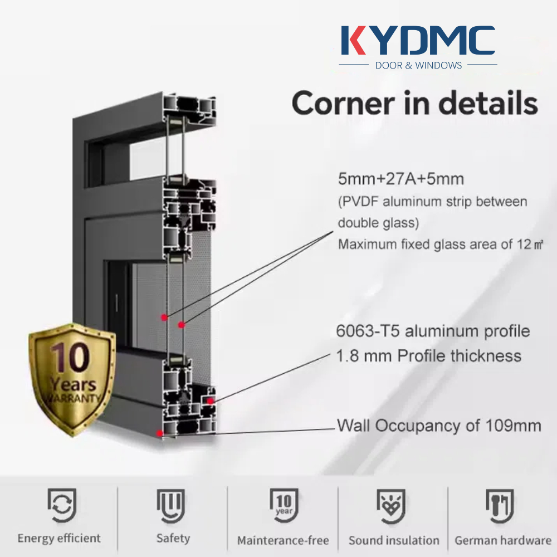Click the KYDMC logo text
(418, 40)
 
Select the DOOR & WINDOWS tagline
(418, 65)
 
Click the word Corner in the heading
(343, 104)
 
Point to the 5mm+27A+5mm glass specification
(401, 179)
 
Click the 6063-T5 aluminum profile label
(433, 331)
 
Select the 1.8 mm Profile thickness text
(429, 355)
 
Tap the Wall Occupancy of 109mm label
(439, 426)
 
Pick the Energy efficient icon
(62, 505)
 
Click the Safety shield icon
(171, 506)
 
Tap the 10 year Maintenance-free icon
(284, 505)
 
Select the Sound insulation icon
(391, 506)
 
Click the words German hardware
(503, 540)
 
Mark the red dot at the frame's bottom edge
(159, 433)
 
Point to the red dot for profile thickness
(211, 401)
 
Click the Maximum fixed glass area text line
(441, 245)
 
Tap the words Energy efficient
(59, 539)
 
